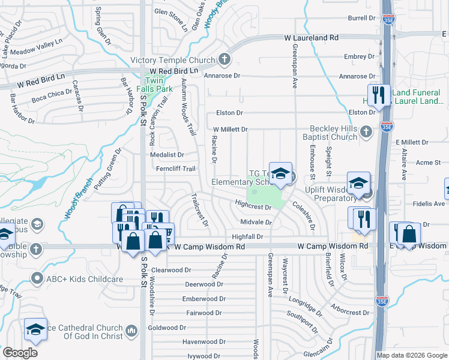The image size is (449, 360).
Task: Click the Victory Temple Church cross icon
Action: coord(224,59)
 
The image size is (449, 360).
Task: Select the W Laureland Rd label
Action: coord(311,37)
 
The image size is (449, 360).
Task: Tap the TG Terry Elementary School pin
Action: coord(280,174)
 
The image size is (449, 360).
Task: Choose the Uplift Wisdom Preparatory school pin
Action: coord(358,184)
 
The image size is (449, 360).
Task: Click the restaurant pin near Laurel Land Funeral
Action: coord(378,95)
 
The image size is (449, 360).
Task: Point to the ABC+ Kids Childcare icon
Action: coord(37,278)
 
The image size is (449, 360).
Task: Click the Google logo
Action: coord(20,352)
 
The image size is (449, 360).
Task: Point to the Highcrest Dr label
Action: coord(253,206)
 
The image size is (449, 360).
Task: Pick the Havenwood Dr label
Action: coord(204,341)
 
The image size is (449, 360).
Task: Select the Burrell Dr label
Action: coord(361,18)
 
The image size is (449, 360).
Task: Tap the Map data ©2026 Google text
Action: coord(411,355)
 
